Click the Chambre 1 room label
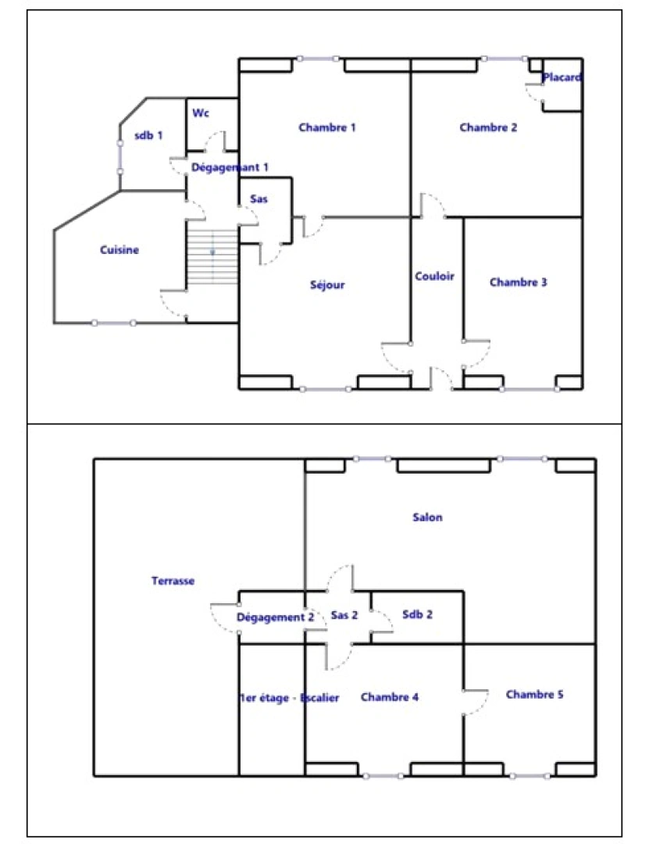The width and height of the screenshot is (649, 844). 327,127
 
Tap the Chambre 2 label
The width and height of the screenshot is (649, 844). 488,127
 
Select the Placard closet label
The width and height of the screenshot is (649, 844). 562,78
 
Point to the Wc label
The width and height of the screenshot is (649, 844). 201,113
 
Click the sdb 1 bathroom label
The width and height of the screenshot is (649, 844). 148,135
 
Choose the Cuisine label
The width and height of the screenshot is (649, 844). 119,250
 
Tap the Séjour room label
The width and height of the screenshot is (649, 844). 327,285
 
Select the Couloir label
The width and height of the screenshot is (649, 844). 435,276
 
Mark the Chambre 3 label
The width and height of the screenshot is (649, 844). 518,282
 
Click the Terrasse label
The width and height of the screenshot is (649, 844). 173,581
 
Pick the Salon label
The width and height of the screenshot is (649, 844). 427,517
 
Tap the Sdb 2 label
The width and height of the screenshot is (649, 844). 418,615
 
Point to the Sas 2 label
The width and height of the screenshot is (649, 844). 344,616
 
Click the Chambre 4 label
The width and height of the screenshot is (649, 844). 390,697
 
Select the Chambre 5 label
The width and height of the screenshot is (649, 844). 534,694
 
